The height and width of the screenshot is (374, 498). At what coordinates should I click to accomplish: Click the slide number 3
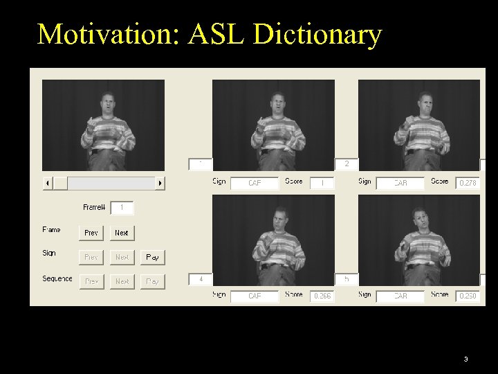click(x=465, y=359)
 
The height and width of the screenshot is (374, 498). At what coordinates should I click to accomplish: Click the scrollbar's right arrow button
click(x=160, y=183)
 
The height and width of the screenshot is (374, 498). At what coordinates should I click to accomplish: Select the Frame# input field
click(x=122, y=208)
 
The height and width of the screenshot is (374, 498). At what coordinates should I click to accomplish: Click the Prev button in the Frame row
click(x=91, y=233)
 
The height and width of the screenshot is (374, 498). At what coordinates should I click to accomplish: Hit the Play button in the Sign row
click(x=153, y=257)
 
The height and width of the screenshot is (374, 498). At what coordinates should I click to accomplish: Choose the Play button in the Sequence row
click(x=153, y=281)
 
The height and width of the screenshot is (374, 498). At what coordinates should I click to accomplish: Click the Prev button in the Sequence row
click(x=91, y=281)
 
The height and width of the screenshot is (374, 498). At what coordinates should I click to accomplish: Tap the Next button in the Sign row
click(x=122, y=257)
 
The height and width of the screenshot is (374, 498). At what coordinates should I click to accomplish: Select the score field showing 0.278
click(x=468, y=183)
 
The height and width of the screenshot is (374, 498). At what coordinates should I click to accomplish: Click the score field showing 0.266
click(x=322, y=296)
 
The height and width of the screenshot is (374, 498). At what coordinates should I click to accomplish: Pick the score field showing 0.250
click(x=468, y=296)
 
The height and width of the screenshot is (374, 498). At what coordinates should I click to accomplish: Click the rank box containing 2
click(x=347, y=165)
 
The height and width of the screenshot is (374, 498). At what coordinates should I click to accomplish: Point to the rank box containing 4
click(x=201, y=279)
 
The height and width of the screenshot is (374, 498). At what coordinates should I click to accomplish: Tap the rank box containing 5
click(x=347, y=279)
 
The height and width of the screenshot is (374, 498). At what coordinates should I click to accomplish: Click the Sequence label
click(x=57, y=278)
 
